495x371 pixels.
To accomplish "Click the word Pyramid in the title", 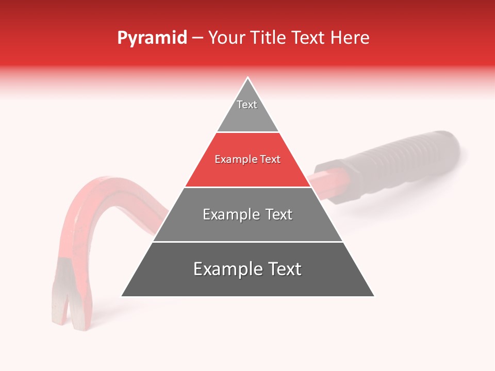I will coord(152,38).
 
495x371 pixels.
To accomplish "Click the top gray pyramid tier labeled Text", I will coord(247,113).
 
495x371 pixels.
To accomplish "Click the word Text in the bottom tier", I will coord(282,269).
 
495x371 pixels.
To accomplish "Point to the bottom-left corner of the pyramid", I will coord(122,296).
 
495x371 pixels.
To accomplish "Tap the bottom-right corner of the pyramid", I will coord(373,296).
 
